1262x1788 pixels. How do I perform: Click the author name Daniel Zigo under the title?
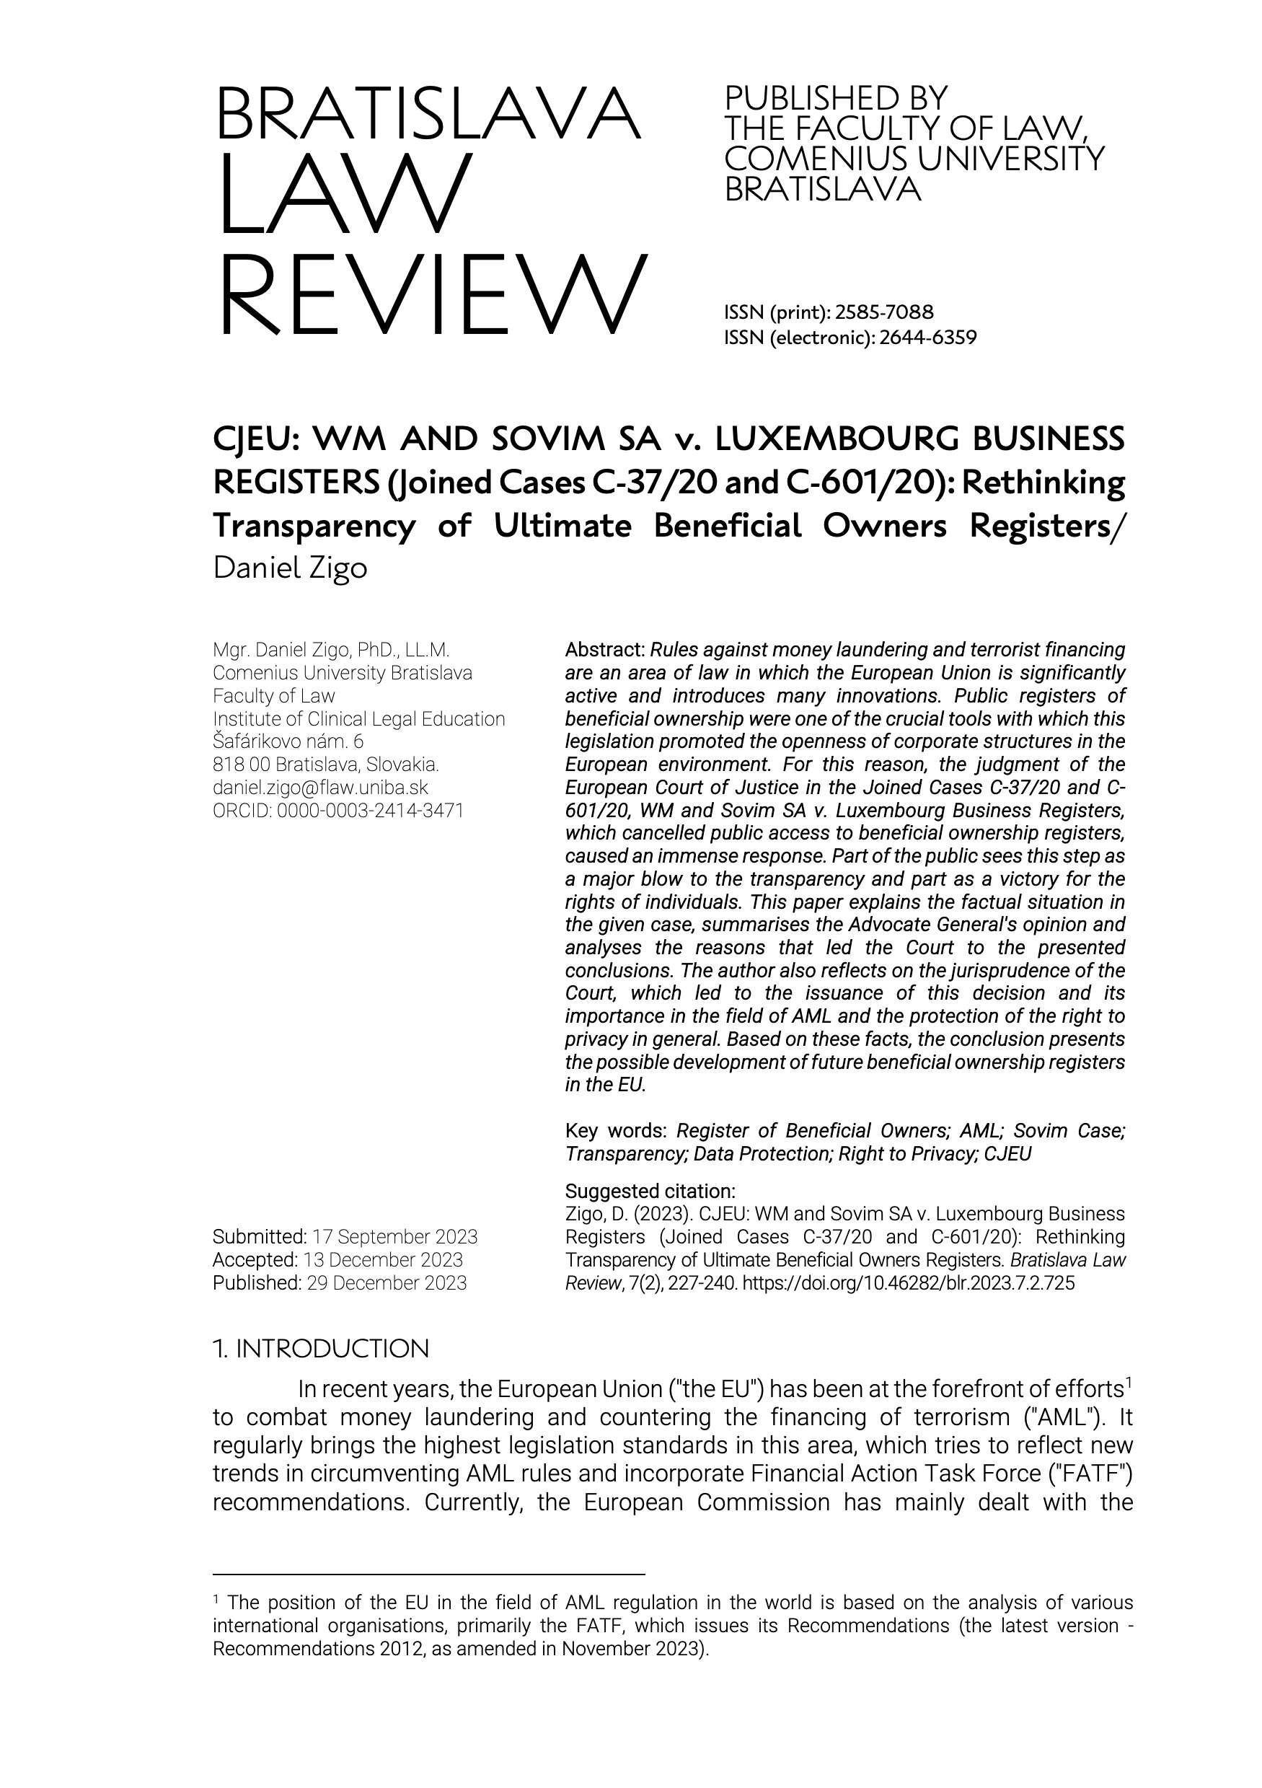[290, 568]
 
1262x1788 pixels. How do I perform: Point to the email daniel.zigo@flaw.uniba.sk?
[320, 788]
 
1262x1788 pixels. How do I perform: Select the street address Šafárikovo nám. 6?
[288, 741]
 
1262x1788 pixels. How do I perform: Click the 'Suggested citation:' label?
[649, 1191]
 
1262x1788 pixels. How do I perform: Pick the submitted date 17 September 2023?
[394, 1237]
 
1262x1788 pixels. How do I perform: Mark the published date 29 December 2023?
[387, 1282]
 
